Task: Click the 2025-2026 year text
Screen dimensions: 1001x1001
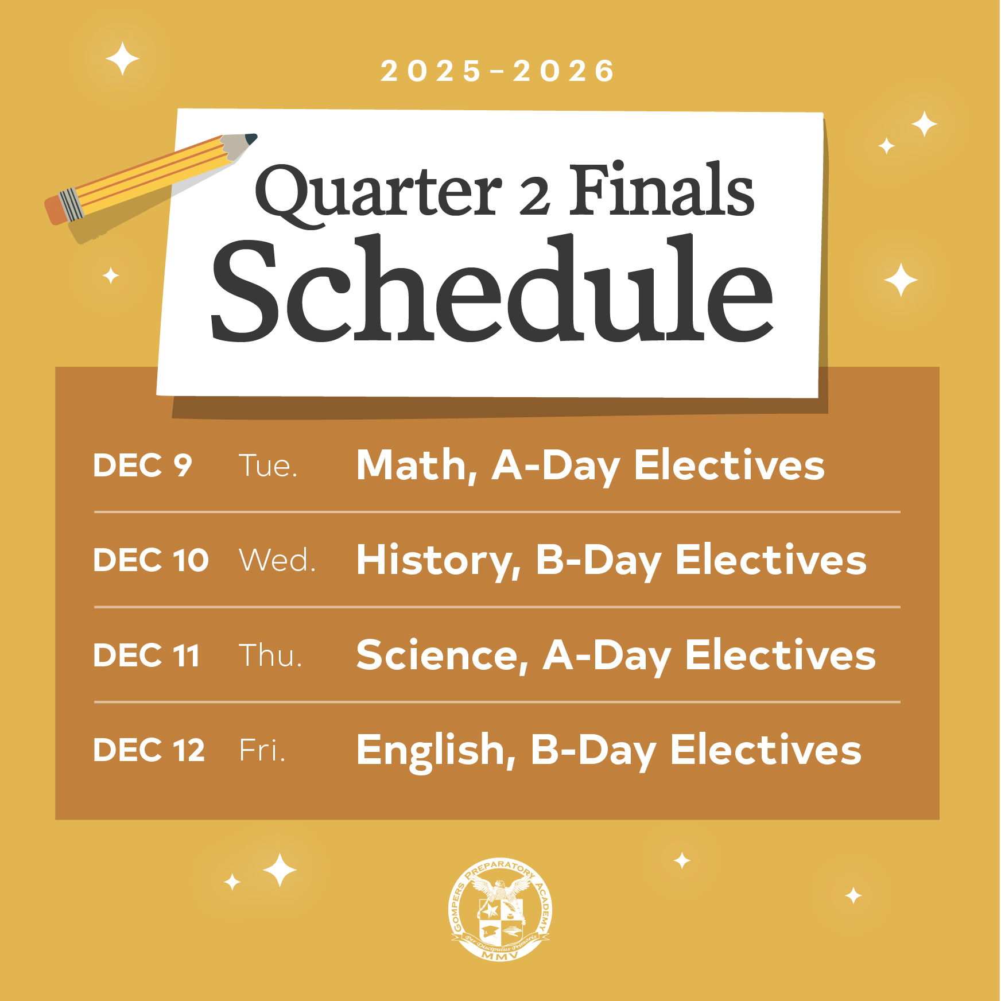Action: [497, 71]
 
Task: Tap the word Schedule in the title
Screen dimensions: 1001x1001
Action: [492, 288]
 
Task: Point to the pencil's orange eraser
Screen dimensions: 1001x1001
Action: [55, 210]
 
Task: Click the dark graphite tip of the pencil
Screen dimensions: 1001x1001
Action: [251, 138]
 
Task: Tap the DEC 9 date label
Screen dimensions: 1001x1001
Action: [142, 465]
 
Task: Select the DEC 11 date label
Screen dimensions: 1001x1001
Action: [146, 655]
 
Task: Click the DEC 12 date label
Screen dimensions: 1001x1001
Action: [149, 750]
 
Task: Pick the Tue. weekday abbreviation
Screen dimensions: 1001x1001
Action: [268, 465]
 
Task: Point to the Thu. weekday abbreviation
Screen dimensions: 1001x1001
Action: [270, 655]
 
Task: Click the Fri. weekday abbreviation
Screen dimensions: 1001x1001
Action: [262, 750]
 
